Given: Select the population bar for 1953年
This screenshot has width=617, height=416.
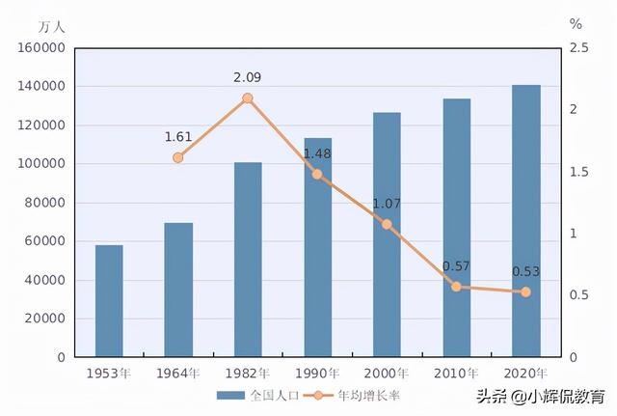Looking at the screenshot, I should pyautogui.click(x=109, y=301).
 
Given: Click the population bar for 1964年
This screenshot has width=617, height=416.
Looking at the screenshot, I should pyautogui.click(x=178, y=290).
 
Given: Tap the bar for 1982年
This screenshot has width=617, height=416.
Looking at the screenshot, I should pyautogui.click(x=248, y=260).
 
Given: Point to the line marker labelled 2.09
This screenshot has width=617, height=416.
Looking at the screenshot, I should pyautogui.click(x=248, y=98).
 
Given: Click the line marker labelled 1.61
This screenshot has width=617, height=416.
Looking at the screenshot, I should pyautogui.click(x=178, y=157).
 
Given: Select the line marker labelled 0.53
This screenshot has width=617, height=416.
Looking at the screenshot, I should pyautogui.click(x=525, y=291).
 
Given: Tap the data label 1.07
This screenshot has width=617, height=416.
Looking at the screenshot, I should pyautogui.click(x=387, y=204).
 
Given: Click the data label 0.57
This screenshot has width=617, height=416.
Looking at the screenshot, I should pyautogui.click(x=456, y=266).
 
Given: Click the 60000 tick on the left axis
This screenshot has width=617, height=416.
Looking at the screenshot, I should pyautogui.click(x=45, y=241).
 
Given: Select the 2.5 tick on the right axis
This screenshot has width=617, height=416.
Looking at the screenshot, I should pyautogui.click(x=577, y=48).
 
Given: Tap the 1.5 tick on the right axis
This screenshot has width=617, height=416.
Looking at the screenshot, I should pyautogui.click(x=577, y=172).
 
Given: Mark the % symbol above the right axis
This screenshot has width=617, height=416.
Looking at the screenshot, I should pyautogui.click(x=576, y=22).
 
